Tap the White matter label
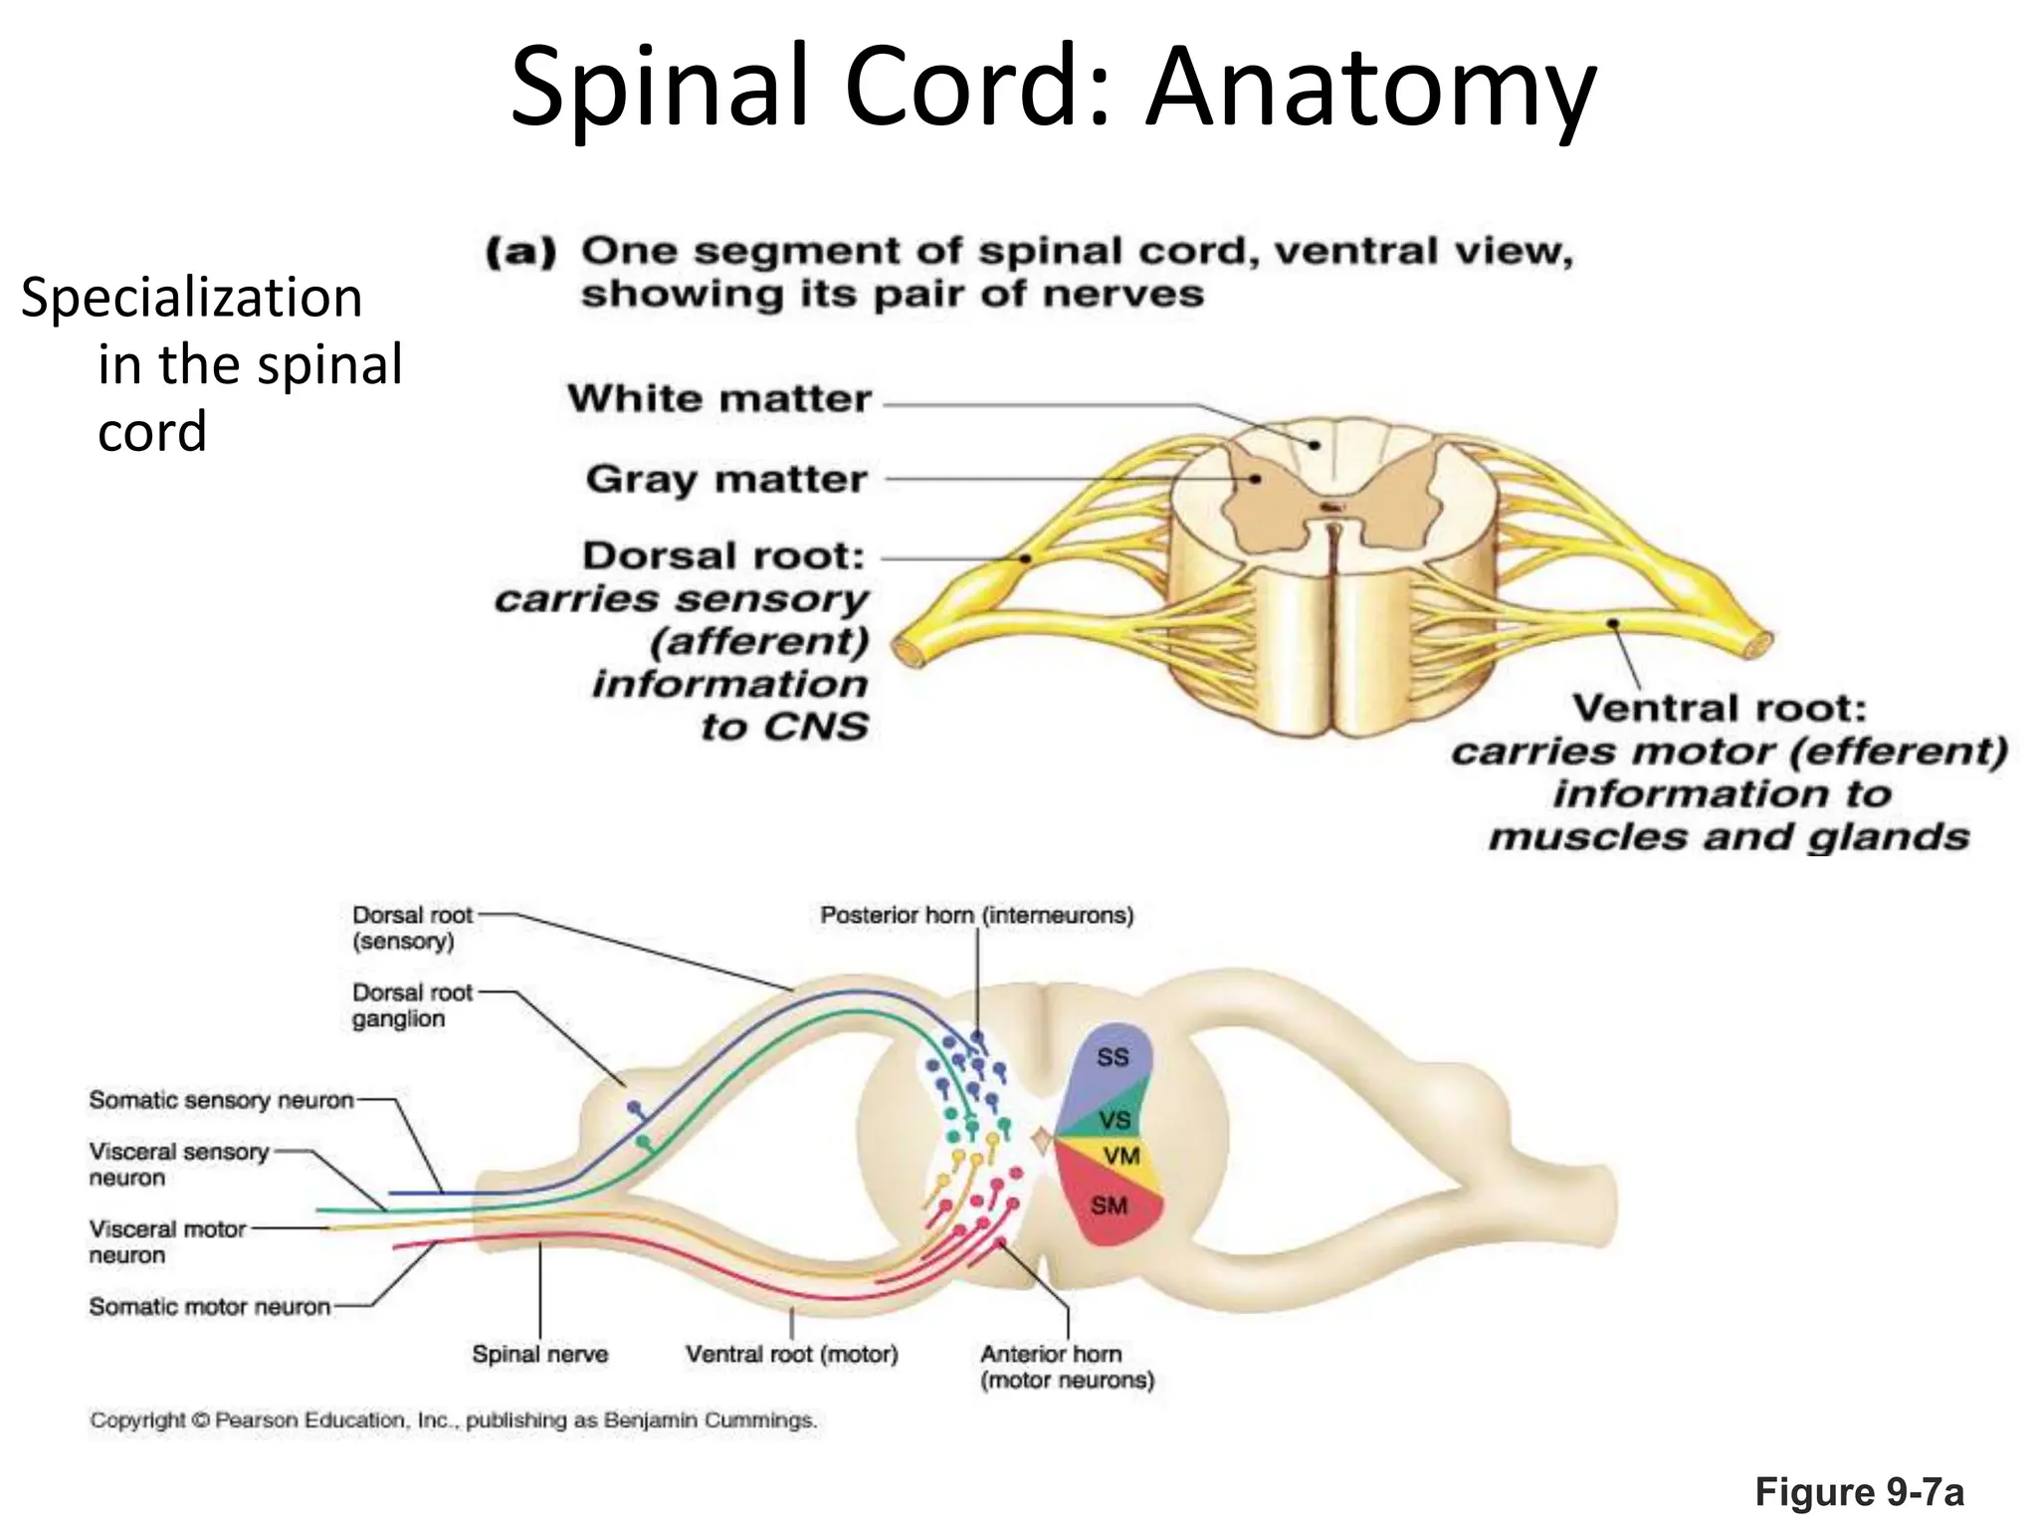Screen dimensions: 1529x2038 (718, 399)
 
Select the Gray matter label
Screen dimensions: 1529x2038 (726, 480)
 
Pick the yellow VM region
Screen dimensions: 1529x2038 (1122, 1157)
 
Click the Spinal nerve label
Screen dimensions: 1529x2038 (539, 1355)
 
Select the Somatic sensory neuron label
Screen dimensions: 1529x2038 (221, 1101)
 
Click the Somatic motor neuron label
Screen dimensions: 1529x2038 (209, 1307)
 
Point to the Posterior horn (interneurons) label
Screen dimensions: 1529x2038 (976, 916)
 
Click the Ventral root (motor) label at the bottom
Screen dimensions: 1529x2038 (791, 1355)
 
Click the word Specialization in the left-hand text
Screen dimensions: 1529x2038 (191, 298)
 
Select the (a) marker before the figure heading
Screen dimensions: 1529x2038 (520, 252)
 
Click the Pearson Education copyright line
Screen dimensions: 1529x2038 (453, 1420)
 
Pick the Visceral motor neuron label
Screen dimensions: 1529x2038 (166, 1242)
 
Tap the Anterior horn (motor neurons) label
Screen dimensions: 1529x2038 (1066, 1367)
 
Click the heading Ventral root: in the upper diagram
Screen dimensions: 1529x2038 (1720, 709)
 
